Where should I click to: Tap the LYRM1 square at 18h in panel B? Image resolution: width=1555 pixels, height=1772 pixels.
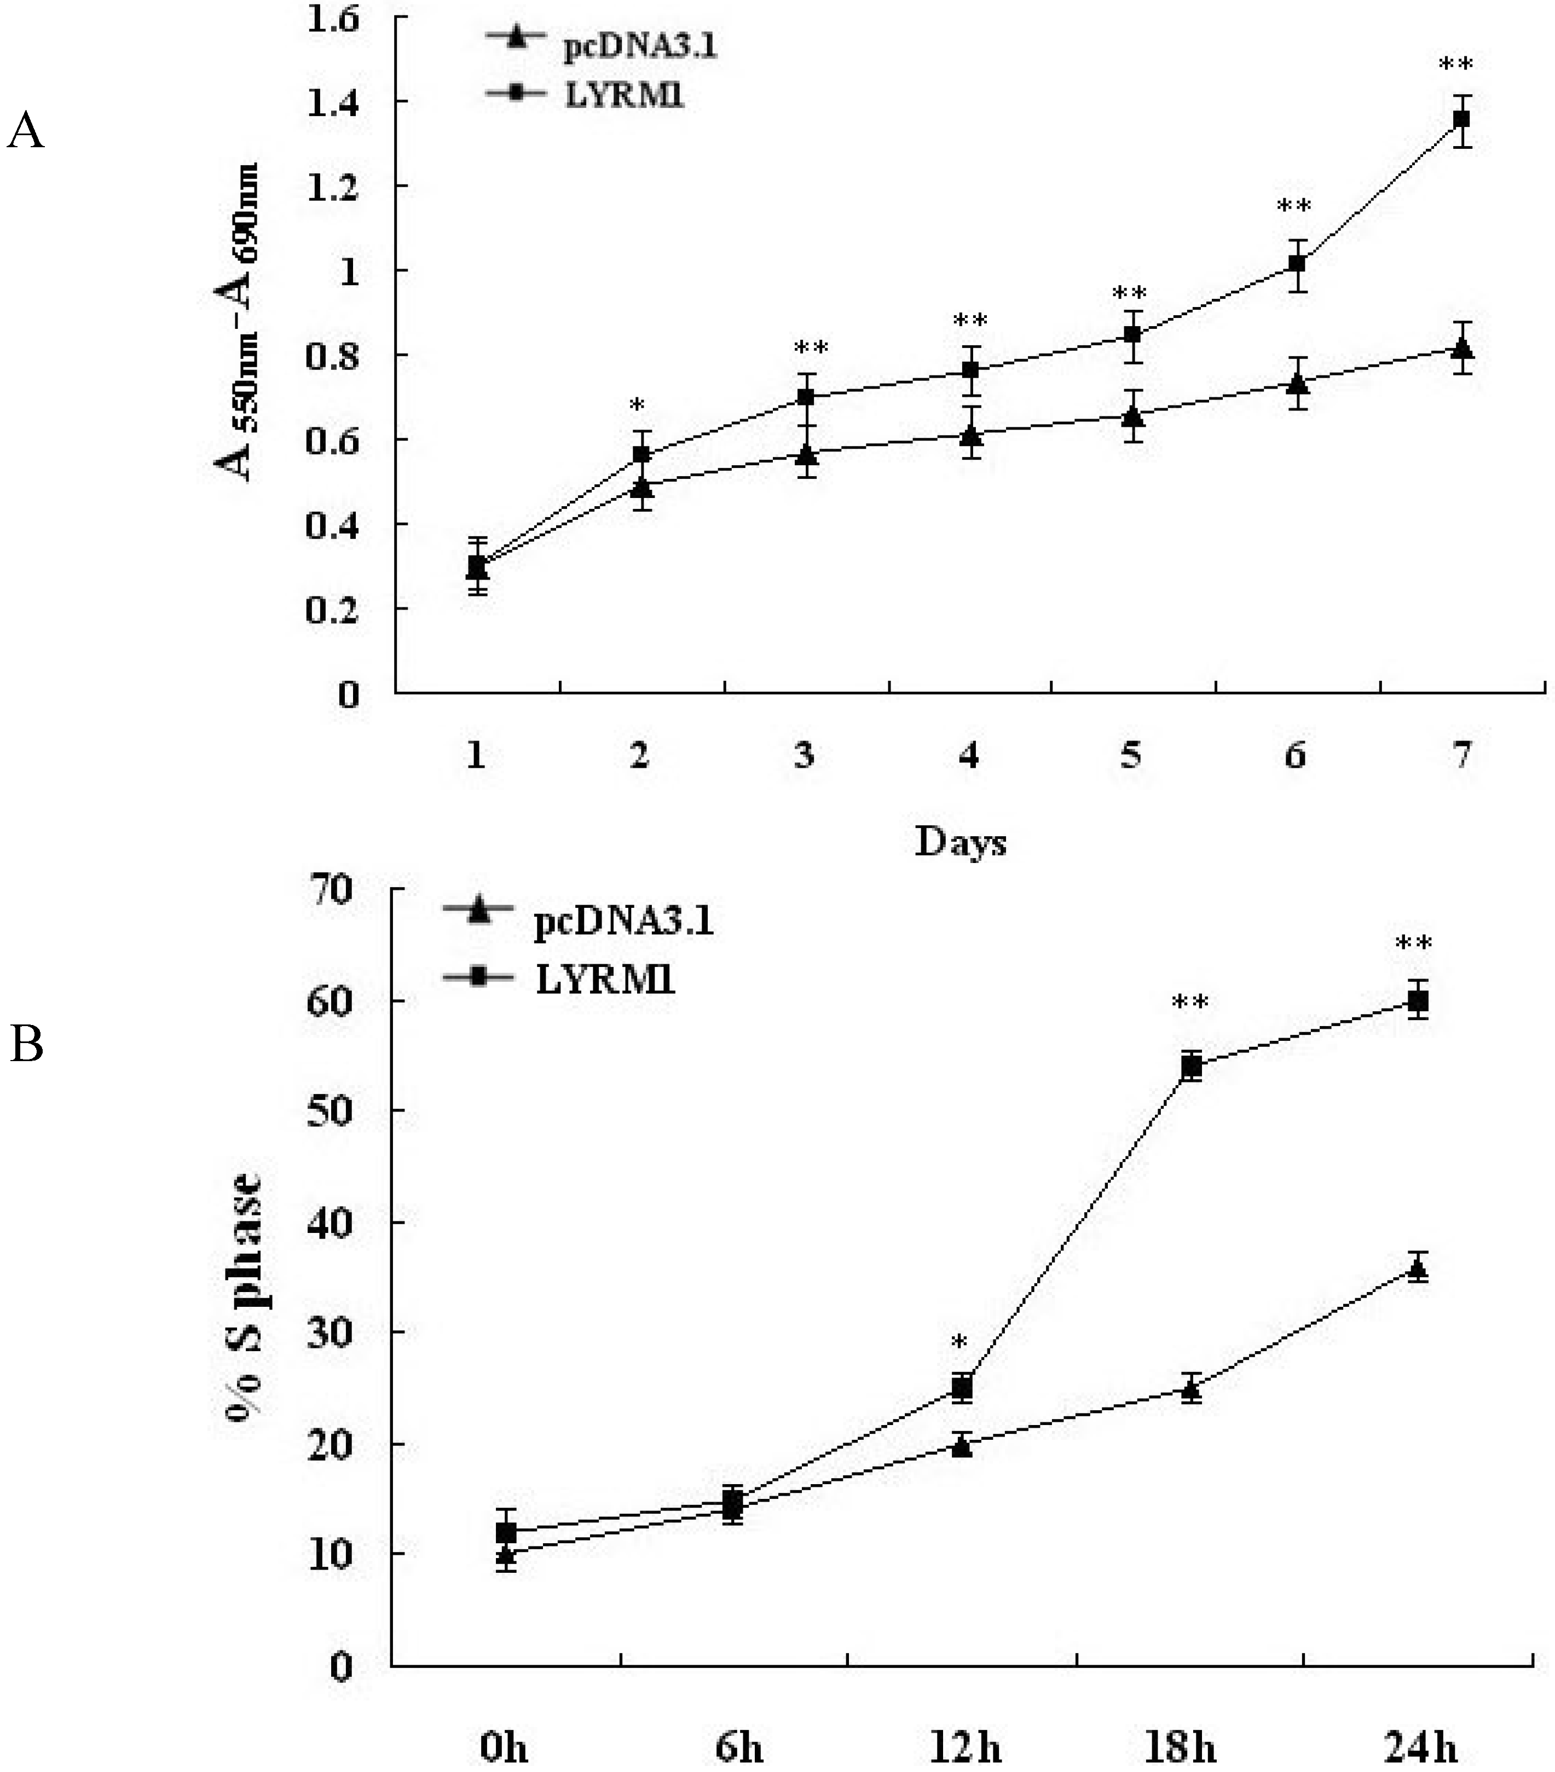(1192, 1067)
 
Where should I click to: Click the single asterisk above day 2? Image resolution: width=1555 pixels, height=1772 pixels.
(638, 406)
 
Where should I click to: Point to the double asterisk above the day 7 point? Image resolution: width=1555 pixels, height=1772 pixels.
(1456, 65)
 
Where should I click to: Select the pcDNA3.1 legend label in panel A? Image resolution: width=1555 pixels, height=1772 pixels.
(640, 47)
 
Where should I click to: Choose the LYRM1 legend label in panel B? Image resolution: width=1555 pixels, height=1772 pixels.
(604, 981)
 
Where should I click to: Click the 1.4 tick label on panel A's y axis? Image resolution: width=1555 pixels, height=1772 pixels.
(334, 102)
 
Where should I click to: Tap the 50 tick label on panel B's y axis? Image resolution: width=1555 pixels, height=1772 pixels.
(331, 1110)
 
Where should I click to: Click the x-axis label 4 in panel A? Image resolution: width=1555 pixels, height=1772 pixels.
(968, 756)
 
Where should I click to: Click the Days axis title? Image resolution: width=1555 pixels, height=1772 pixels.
(961, 842)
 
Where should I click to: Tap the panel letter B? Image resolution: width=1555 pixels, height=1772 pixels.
(27, 1045)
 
